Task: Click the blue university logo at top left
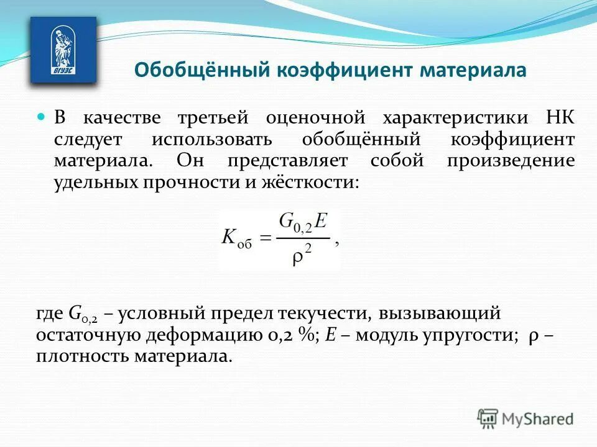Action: (x=63, y=50)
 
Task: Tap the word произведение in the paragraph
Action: (x=510, y=161)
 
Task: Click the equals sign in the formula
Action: (x=265, y=237)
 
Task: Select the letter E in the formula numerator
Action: (x=321, y=222)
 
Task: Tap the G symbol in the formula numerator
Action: (x=287, y=221)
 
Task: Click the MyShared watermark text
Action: (x=539, y=419)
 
